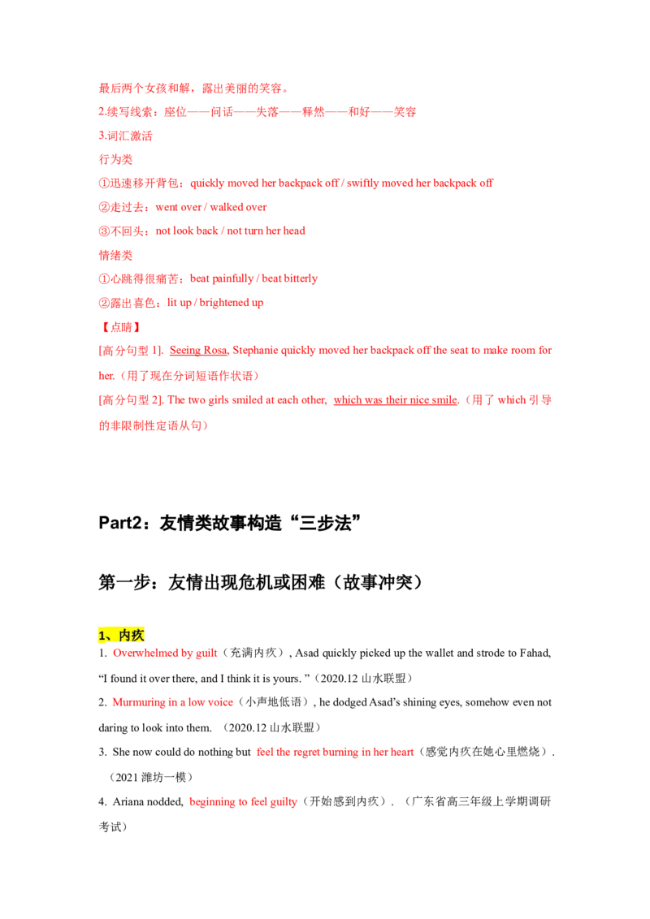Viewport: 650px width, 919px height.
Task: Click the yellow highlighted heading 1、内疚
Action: point(121,636)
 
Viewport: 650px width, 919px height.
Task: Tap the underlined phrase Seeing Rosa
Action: point(198,351)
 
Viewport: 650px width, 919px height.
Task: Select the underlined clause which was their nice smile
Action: point(396,400)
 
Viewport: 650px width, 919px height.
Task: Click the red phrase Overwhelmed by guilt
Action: point(165,653)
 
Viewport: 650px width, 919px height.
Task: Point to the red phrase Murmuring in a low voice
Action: point(172,702)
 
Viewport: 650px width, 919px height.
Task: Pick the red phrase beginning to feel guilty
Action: point(244,802)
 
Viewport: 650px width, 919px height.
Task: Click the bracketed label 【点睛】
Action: point(121,327)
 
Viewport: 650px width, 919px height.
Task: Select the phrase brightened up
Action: point(231,303)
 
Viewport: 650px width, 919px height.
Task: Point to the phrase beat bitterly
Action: point(290,279)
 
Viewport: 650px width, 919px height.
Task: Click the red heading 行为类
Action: point(115,159)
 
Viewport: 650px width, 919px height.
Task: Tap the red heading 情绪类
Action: point(115,255)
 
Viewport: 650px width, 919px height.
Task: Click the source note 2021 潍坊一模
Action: point(151,777)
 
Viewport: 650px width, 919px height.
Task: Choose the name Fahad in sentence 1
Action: point(534,653)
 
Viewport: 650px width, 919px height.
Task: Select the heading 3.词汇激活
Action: point(126,136)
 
